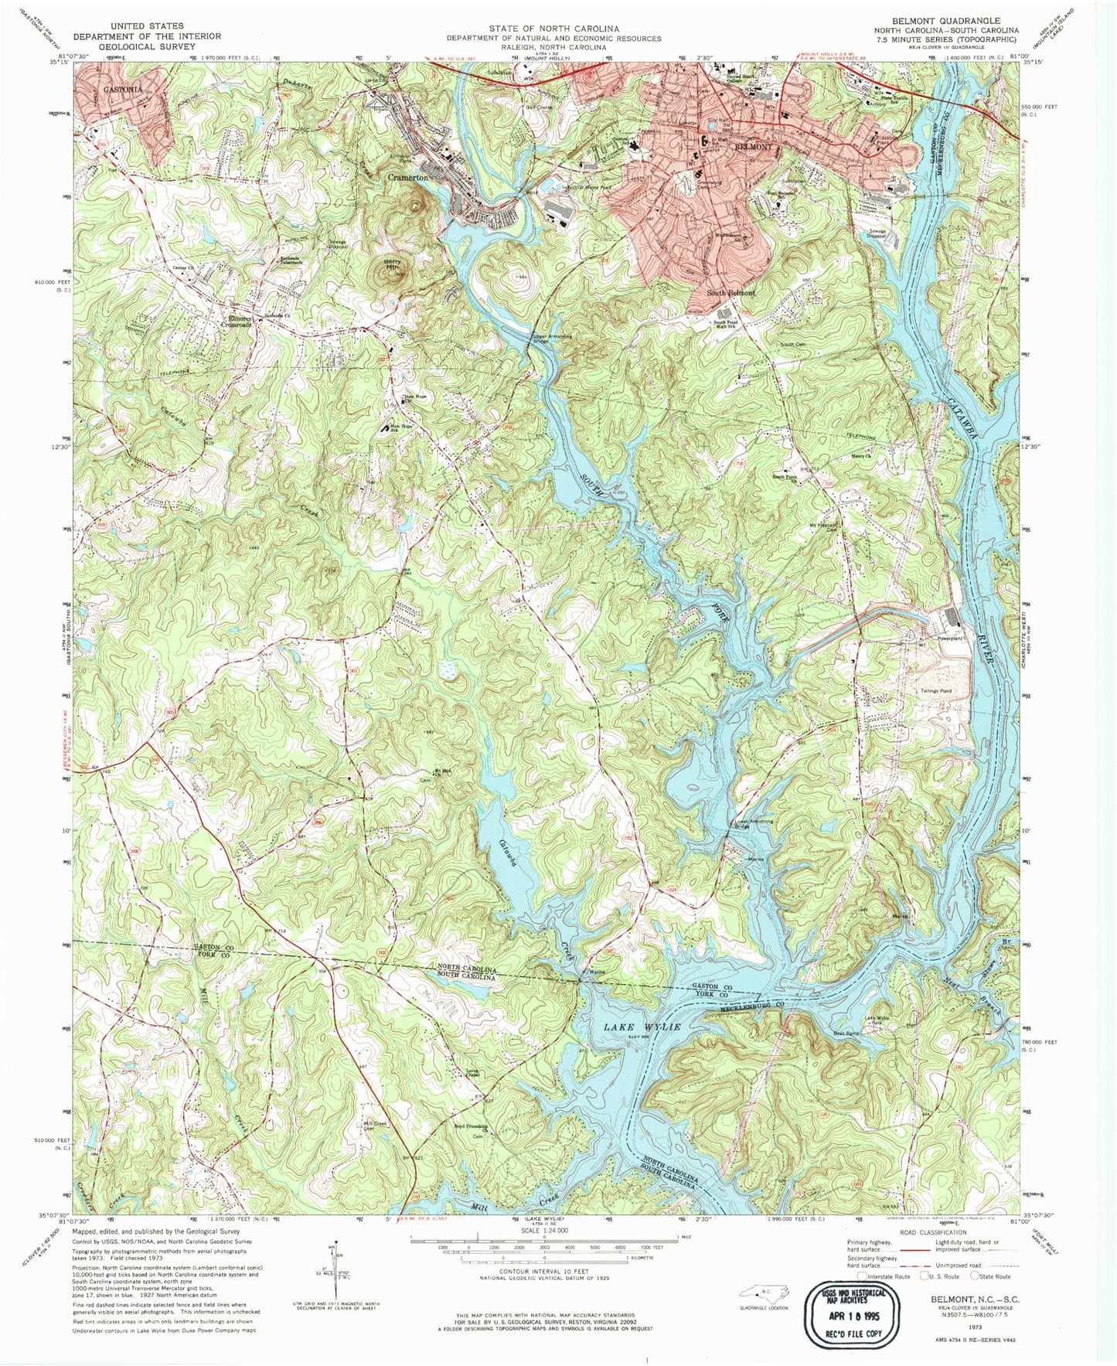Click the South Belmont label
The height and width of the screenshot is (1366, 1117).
[x=734, y=294]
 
